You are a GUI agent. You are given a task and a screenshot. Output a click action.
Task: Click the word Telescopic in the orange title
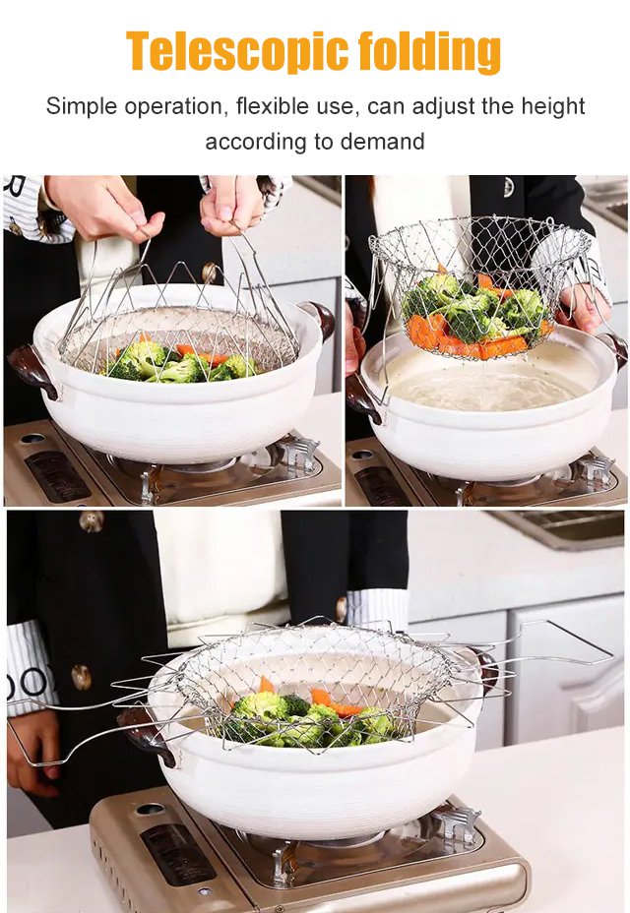[x=236, y=51]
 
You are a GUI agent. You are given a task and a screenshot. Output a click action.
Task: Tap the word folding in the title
[x=429, y=51]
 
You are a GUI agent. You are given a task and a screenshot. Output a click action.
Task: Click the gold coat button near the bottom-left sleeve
[x=82, y=677]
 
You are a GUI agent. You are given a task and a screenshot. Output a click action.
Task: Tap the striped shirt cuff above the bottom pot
[x=376, y=608]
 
